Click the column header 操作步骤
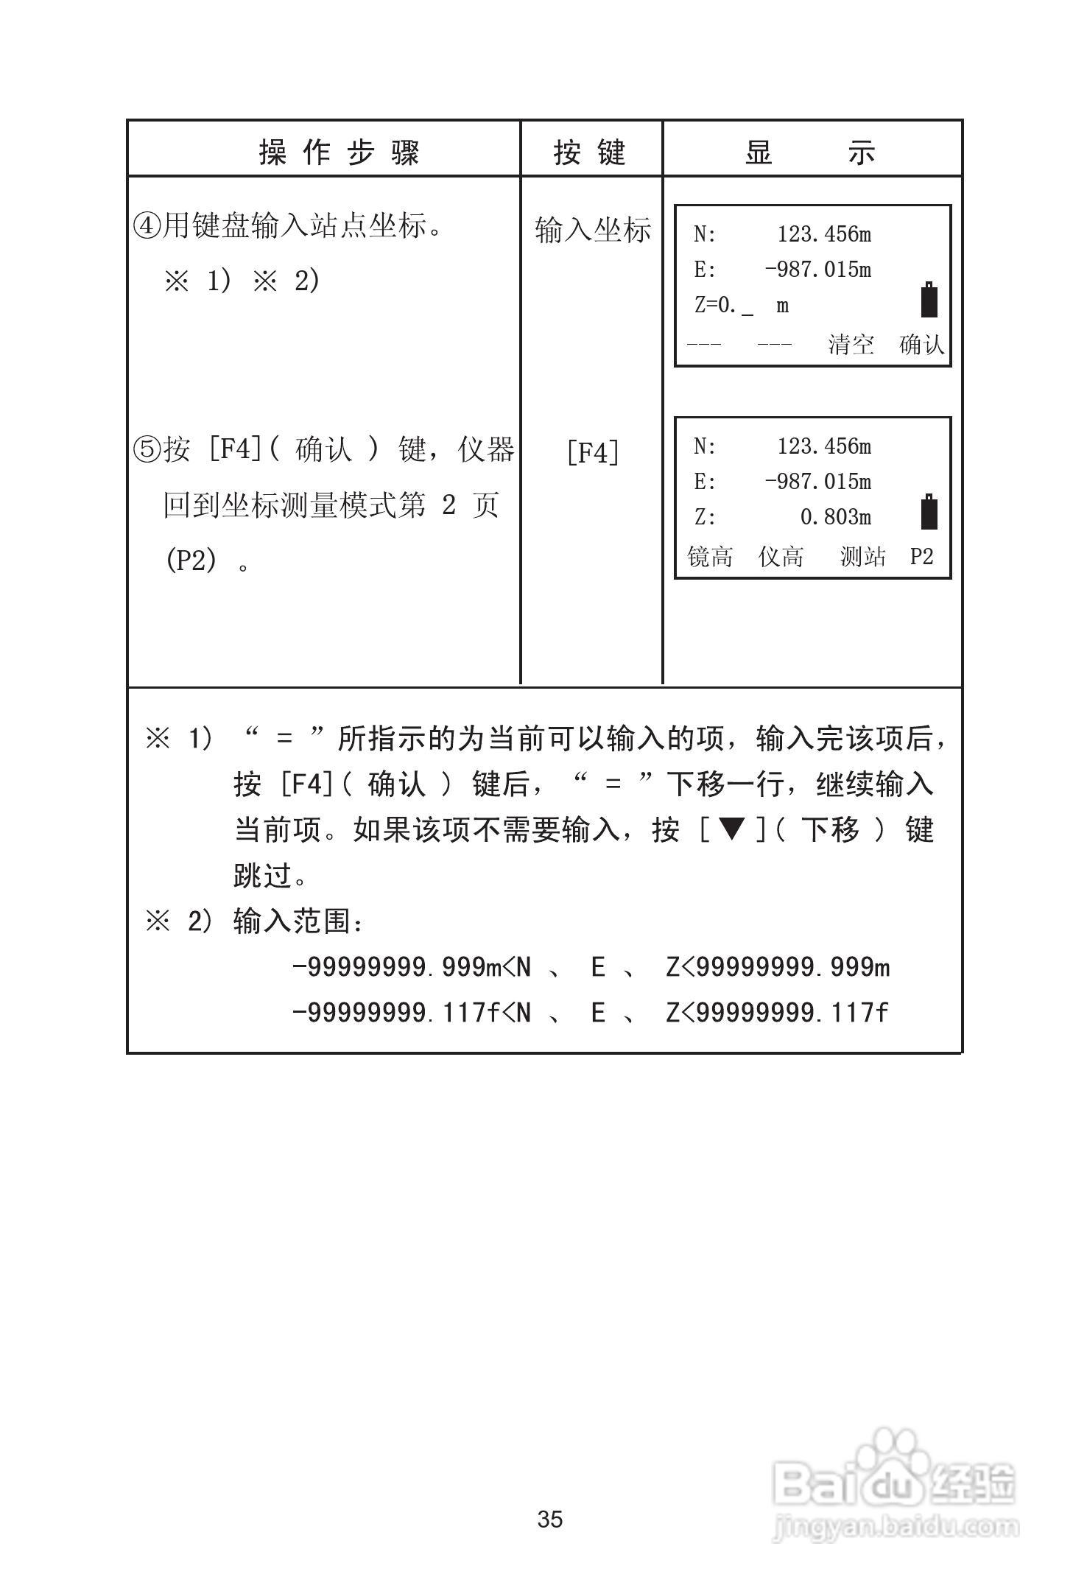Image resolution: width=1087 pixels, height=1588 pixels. [x=340, y=152]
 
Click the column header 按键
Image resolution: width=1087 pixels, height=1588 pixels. [x=590, y=152]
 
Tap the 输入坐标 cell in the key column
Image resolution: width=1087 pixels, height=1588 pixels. [x=593, y=230]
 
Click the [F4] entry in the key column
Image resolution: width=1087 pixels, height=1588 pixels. [x=593, y=452]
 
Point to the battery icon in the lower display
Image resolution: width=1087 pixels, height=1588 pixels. [x=929, y=512]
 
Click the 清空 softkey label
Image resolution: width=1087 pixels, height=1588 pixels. [x=851, y=344]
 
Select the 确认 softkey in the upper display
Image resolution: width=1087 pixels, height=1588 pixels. [x=921, y=344]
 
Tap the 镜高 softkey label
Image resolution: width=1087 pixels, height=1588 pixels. [x=710, y=556]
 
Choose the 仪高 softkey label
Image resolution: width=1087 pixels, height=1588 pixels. [x=781, y=556]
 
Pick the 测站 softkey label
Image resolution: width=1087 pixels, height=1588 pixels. [x=862, y=556]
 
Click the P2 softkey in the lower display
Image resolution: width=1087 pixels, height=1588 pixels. [x=921, y=556]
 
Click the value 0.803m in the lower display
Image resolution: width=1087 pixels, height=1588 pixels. [x=835, y=517]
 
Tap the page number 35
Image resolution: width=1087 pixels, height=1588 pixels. [x=550, y=1520]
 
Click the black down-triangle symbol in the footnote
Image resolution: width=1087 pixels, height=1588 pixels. [x=731, y=830]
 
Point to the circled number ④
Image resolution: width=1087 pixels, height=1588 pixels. [x=147, y=226]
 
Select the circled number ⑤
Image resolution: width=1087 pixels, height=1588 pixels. [x=147, y=449]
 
